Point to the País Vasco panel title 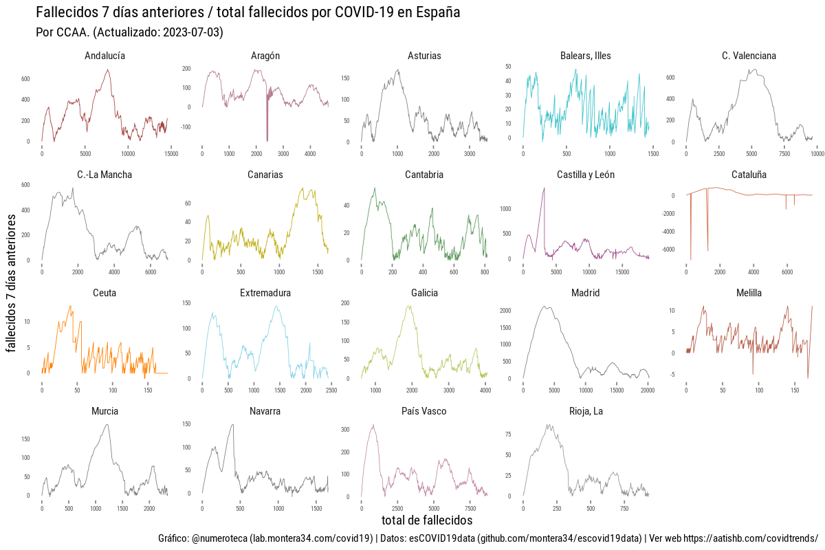click(424, 411)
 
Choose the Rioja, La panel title click(586, 411)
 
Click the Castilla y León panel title click(586, 175)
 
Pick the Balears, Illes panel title click(586, 56)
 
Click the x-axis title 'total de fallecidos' click(427, 520)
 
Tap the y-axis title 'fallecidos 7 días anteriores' click(12, 283)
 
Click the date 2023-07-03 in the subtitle click(193, 32)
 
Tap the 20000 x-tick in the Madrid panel click(647, 390)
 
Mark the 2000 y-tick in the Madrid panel click(506, 311)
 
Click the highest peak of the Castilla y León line click(544, 188)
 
